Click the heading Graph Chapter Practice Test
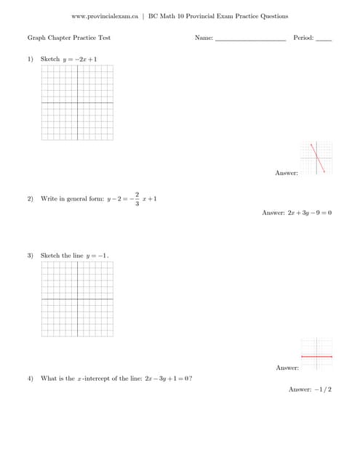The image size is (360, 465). tap(69, 38)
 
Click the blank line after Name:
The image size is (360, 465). tap(250, 39)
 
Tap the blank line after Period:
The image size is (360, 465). tap(324, 39)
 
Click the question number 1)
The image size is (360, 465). tap(31, 59)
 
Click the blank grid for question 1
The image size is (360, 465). tap(78, 102)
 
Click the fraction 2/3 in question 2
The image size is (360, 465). tap(137, 198)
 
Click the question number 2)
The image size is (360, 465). tap(31, 198)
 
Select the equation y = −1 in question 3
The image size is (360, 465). tap(97, 256)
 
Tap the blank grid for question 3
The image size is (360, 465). tap(78, 299)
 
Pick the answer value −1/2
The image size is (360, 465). tap(321, 389)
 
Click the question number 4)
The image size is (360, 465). tap(31, 379)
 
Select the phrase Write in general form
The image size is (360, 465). tap(72, 198)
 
